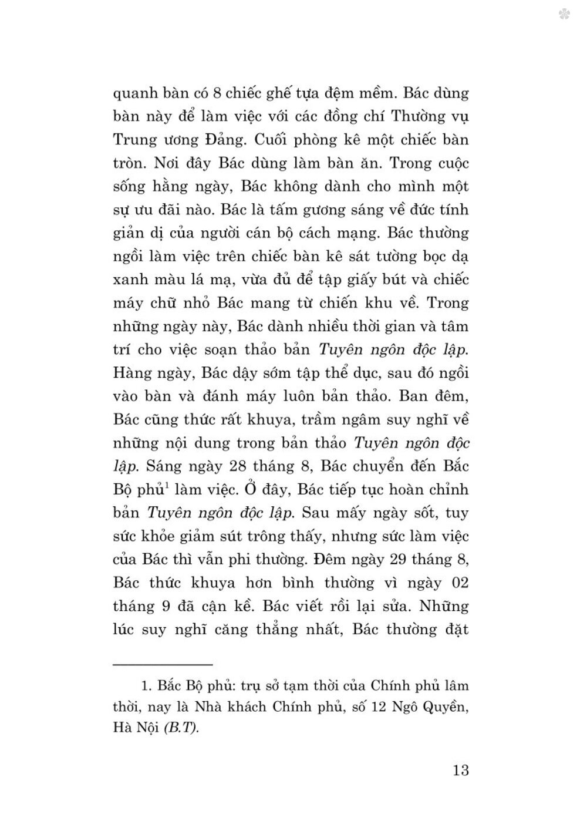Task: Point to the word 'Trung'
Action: coord(134,140)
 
